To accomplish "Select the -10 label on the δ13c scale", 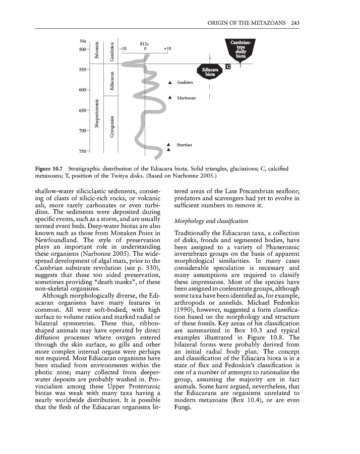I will (x=123, y=49).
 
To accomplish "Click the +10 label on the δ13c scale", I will (x=167, y=49).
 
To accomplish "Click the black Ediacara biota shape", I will (x=210, y=71).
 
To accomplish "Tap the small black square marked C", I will (x=228, y=67).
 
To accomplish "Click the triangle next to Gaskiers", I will (x=170, y=82).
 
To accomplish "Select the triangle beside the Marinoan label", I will (x=170, y=97).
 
